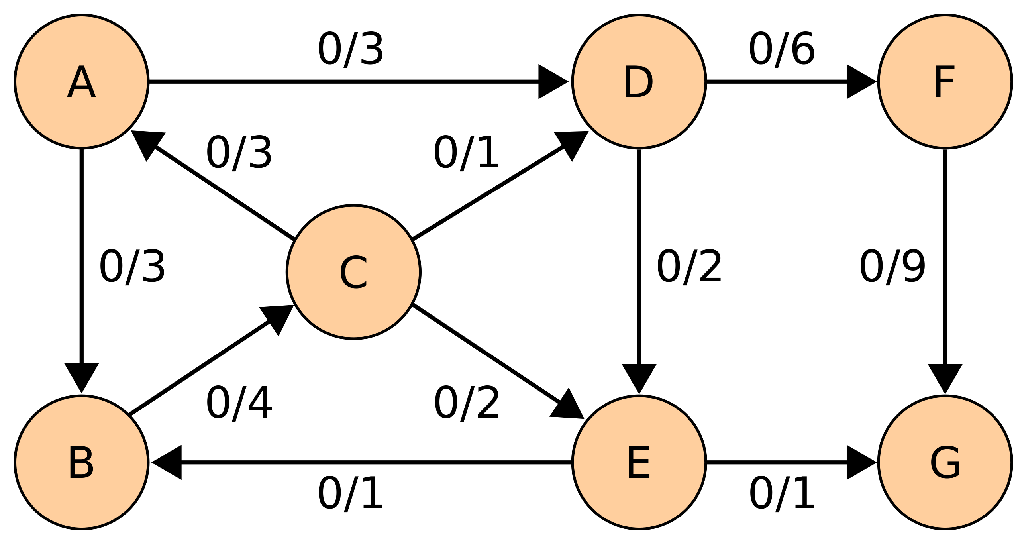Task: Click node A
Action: [81, 82]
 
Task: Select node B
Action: [81, 462]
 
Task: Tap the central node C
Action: [353, 272]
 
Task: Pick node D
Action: [639, 82]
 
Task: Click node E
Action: [639, 462]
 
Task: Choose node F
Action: [945, 82]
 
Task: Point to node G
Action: [945, 462]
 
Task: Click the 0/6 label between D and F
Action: [782, 49]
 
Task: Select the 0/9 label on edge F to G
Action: [892, 267]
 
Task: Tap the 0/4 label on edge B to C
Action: [239, 403]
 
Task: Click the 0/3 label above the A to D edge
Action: [350, 49]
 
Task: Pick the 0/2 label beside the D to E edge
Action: [689, 267]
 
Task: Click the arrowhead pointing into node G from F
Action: [945, 379]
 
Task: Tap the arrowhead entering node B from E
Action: [167, 462]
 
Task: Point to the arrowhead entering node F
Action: [861, 82]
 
